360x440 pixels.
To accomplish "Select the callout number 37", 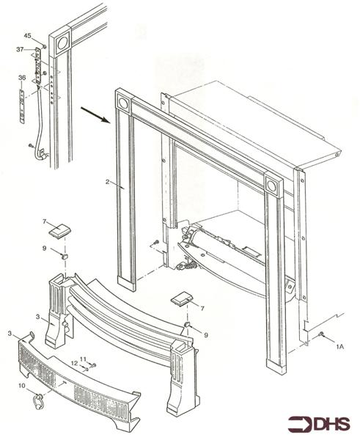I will tap(21, 49).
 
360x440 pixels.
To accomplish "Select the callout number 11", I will tap(84, 359).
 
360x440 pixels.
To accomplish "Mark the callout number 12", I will tap(74, 363).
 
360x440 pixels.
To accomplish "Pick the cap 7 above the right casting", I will tap(181, 298).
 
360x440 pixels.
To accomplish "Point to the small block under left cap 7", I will tap(64, 257).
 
